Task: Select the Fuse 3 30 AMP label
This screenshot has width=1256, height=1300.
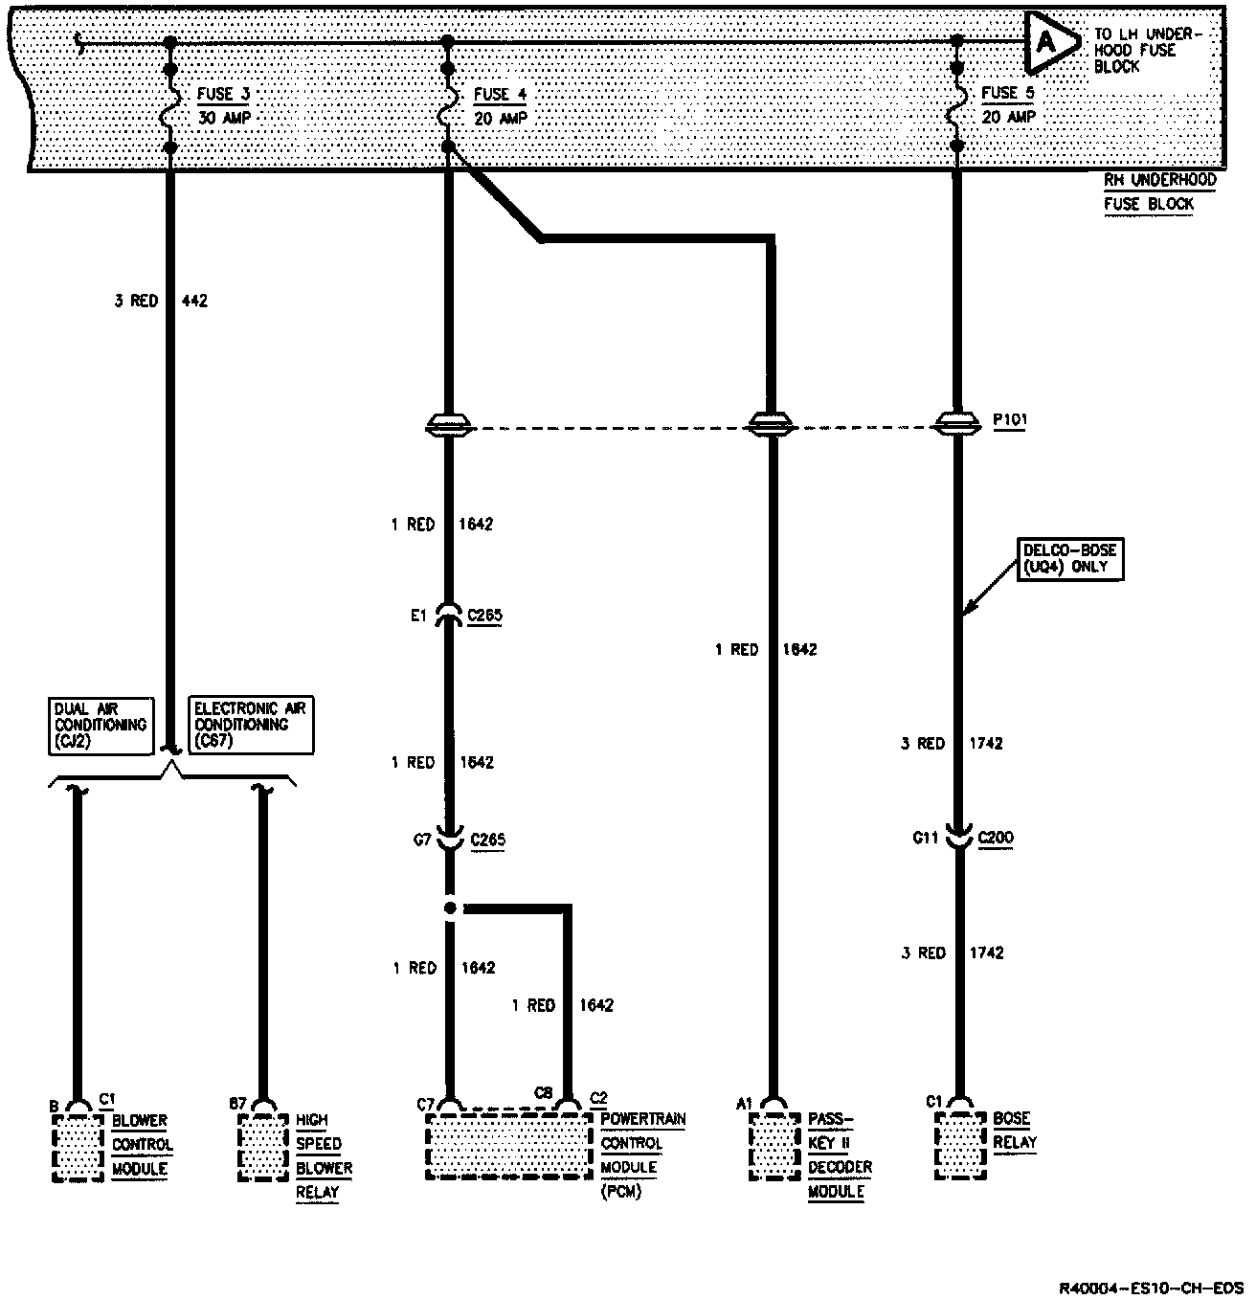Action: [x=225, y=105]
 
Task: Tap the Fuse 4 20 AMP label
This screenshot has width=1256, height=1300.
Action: [x=500, y=105]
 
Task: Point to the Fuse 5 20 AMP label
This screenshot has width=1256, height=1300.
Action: [x=1008, y=104]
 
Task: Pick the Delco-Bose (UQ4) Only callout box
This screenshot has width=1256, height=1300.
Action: [x=1069, y=558]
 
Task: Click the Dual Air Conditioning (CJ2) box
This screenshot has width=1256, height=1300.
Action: [x=101, y=725]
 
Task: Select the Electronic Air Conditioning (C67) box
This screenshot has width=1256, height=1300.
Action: [x=250, y=725]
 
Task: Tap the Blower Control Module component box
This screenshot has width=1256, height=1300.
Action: [x=78, y=1147]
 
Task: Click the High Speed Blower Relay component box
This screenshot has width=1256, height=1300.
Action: [x=263, y=1147]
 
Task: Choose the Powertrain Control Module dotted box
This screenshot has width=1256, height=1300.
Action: [x=508, y=1147]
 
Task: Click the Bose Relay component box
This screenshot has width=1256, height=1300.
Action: [x=960, y=1147]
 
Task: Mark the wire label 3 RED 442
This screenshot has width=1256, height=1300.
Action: [x=160, y=301]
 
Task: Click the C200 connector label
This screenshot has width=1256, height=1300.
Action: [x=995, y=838]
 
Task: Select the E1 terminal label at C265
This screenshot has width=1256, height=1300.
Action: [x=417, y=616]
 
